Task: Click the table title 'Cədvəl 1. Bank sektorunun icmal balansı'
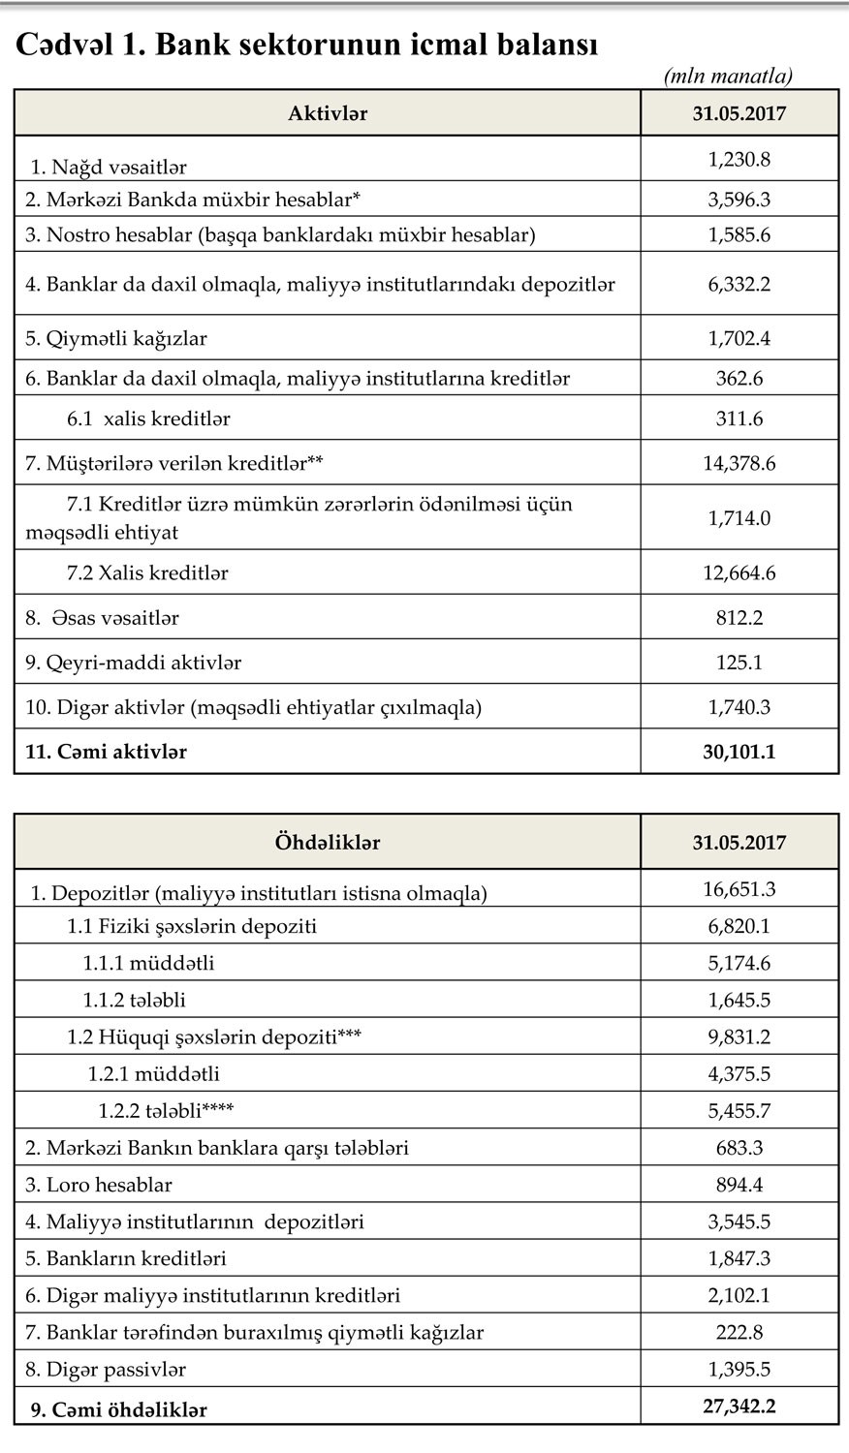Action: pyautogui.click(x=306, y=45)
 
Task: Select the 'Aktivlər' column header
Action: pyautogui.click(x=328, y=113)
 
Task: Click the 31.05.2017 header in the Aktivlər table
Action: pyautogui.click(x=739, y=113)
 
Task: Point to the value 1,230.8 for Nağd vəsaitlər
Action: pyautogui.click(x=739, y=159)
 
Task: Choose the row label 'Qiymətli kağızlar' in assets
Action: pyautogui.click(x=116, y=339)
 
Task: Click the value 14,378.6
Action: pyautogui.click(x=739, y=463)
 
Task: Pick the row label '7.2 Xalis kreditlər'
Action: pyautogui.click(x=147, y=572)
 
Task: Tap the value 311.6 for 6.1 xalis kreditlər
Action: pyautogui.click(x=739, y=418)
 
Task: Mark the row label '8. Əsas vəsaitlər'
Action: pyautogui.click(x=102, y=617)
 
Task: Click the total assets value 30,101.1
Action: pyautogui.click(x=739, y=751)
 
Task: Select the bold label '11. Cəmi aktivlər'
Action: pyautogui.click(x=106, y=752)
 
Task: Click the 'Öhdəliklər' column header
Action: pyautogui.click(x=328, y=843)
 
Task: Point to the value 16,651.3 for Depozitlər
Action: pyautogui.click(x=739, y=889)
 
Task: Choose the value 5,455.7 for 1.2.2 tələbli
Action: pyautogui.click(x=739, y=1110)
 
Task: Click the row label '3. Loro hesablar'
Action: pyautogui.click(x=98, y=1185)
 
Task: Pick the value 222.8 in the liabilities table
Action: pyautogui.click(x=739, y=1332)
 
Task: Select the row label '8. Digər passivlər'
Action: pyautogui.click(x=106, y=1369)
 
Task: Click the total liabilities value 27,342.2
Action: pyautogui.click(x=739, y=1406)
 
